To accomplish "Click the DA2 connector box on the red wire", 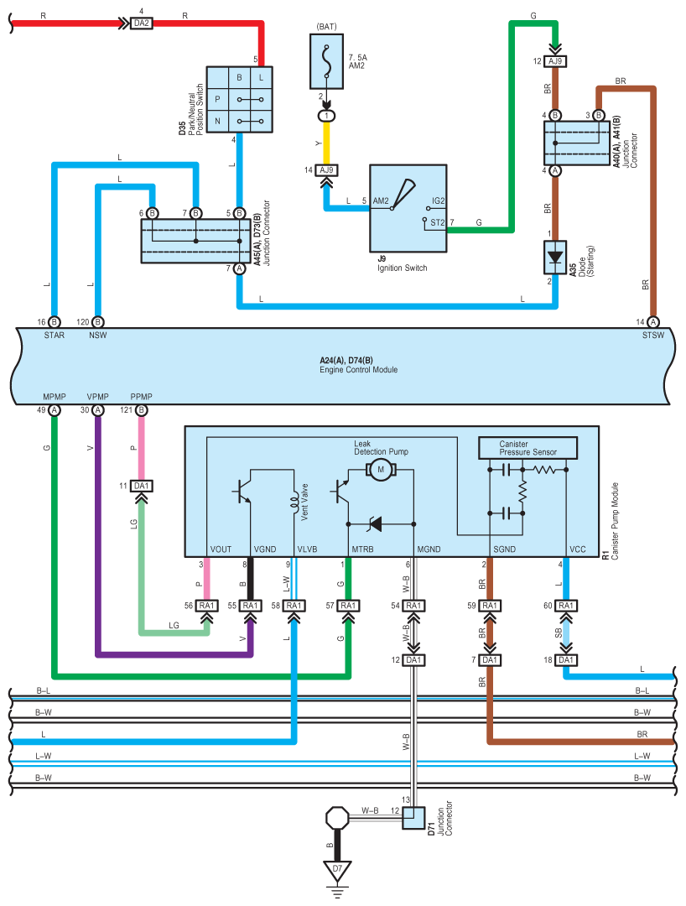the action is pyautogui.click(x=141, y=23).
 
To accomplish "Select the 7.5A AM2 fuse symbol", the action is pyautogui.click(x=327, y=61).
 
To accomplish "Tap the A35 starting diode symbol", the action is pyautogui.click(x=555, y=258).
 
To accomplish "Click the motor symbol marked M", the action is pyautogui.click(x=381, y=470).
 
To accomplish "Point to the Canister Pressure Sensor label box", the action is pyautogui.click(x=527, y=448).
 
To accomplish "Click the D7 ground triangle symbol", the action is pyautogui.click(x=338, y=871).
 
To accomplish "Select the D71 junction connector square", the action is pyautogui.click(x=413, y=818).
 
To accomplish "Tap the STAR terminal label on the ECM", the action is pyautogui.click(x=55, y=335).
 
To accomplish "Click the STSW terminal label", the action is pyautogui.click(x=653, y=335).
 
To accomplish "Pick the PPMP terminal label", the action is pyautogui.click(x=142, y=397).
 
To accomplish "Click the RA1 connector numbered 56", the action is pyautogui.click(x=207, y=606).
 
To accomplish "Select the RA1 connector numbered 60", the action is pyautogui.click(x=566, y=606).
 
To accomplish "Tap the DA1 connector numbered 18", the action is pyautogui.click(x=566, y=660).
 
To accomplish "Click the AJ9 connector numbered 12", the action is pyautogui.click(x=555, y=61).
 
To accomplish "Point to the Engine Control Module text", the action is pyautogui.click(x=359, y=370).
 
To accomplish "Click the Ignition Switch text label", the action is pyautogui.click(x=403, y=268).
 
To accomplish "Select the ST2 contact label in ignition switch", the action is pyautogui.click(x=437, y=222).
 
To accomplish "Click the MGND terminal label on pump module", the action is pyautogui.click(x=429, y=549).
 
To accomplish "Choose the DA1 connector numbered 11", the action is pyautogui.click(x=142, y=486).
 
